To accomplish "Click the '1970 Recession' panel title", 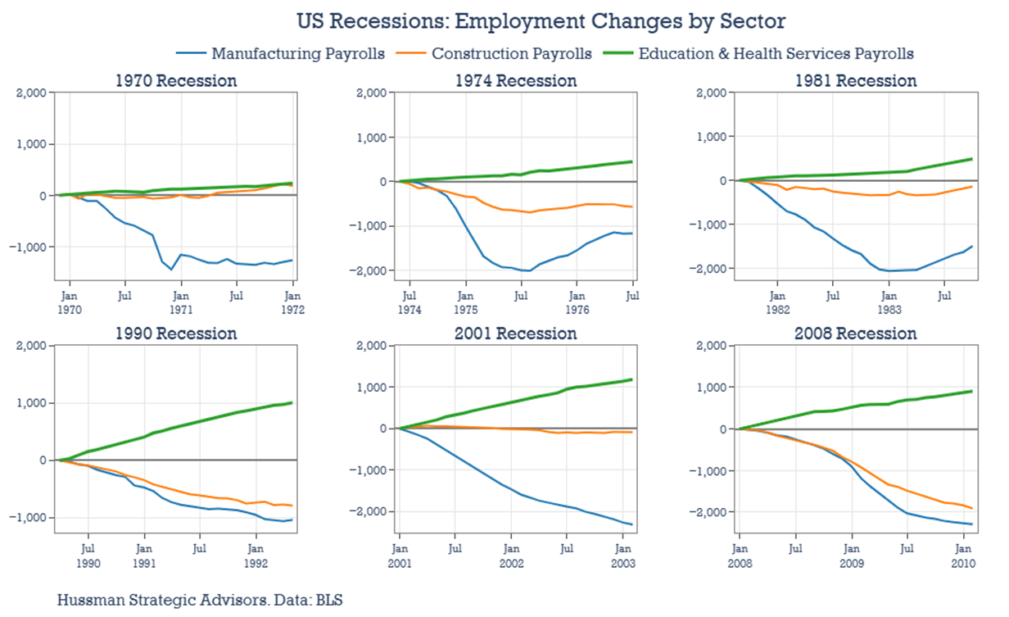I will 176,81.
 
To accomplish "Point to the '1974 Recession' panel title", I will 516,81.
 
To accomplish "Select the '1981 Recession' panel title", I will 856,81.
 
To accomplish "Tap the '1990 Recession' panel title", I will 176,334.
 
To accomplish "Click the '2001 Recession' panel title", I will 516,334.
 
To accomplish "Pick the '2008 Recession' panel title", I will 856,334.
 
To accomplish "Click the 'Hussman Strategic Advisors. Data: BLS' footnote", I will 200,599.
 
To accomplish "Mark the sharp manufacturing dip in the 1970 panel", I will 172,269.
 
